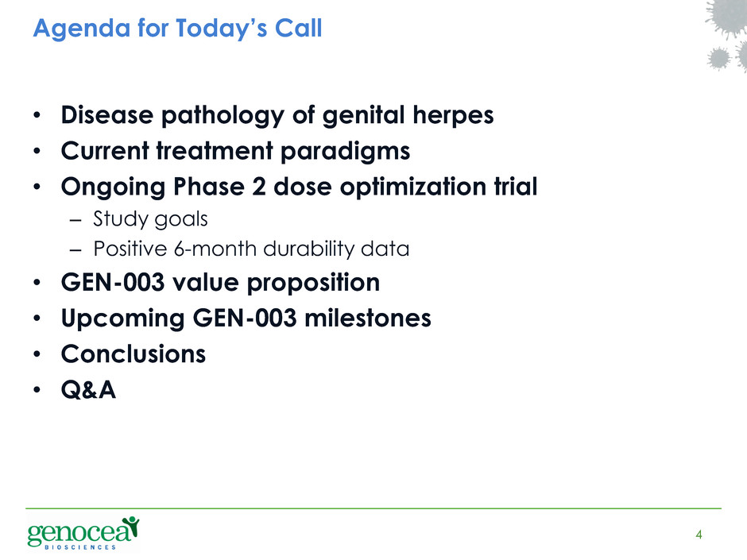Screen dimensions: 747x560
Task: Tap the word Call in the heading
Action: [x=299, y=28]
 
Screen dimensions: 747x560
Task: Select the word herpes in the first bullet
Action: [x=453, y=117]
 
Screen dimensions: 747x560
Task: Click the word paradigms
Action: [x=345, y=153]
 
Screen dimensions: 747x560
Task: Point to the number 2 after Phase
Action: [x=259, y=186]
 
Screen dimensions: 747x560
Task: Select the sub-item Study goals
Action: [x=150, y=219]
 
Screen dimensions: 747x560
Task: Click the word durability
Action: [x=308, y=249]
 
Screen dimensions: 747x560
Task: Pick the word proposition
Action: [x=313, y=284]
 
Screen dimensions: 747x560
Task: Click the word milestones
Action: [x=367, y=318]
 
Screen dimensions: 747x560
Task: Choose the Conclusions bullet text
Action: [x=134, y=353]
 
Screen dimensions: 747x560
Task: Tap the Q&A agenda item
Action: [x=89, y=390]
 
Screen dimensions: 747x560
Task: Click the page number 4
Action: [x=699, y=535]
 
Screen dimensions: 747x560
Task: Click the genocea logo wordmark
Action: [x=79, y=532]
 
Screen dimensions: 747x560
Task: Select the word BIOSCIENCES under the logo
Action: [x=80, y=547]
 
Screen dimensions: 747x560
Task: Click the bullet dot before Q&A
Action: [x=37, y=389]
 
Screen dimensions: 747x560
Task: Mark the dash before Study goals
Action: [x=75, y=221]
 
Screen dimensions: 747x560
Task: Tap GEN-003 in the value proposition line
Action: [x=112, y=282]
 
